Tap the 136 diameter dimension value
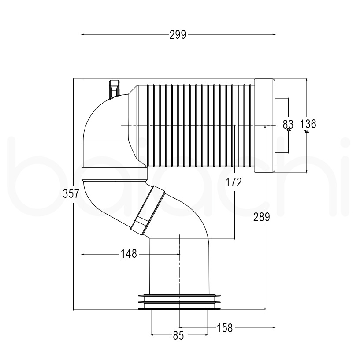click(308, 124)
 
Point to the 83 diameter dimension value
click(288, 124)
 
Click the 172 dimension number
click(234, 182)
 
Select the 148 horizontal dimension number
click(129, 253)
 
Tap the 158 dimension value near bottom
click(225, 327)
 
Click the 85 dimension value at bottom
click(178, 336)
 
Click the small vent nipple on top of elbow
click(114, 89)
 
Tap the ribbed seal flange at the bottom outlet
click(179, 302)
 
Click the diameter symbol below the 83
click(288, 130)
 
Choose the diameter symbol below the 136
click(307, 131)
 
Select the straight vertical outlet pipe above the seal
click(179, 267)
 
